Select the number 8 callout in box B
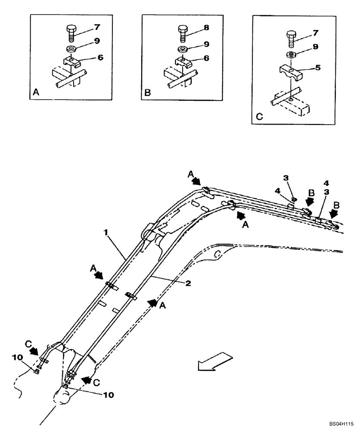[206, 27]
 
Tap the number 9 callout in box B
[207, 44]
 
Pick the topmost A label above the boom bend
[190, 174]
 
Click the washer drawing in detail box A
[71, 48]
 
